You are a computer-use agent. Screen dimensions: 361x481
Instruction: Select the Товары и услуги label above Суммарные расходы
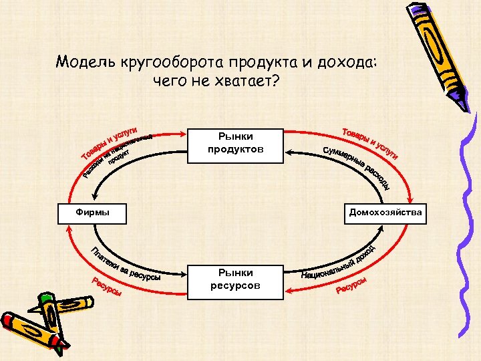pyautogui.click(x=369, y=142)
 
